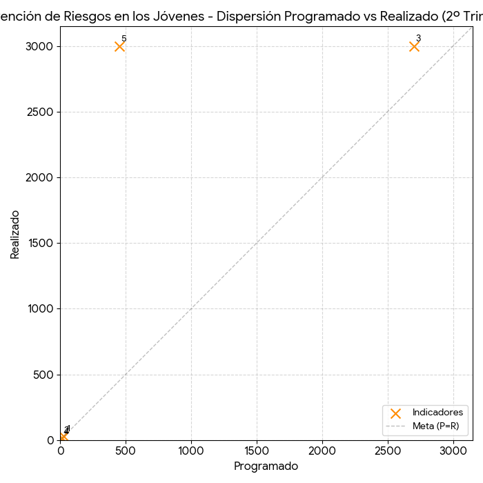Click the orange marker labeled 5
point(119,46)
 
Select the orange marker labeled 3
point(414,46)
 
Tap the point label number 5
point(124,39)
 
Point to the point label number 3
point(418,39)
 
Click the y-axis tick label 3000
point(41,46)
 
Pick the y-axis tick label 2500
point(41,112)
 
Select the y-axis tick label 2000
point(41,177)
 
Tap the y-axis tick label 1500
point(41,243)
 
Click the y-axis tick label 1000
point(41,309)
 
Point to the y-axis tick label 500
point(45,375)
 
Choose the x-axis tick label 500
point(126,451)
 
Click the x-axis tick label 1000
point(191,451)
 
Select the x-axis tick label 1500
point(257,451)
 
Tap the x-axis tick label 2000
point(322,451)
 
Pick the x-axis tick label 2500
point(388,451)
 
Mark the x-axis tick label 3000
point(453,451)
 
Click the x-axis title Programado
point(266,466)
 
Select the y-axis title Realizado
point(15,235)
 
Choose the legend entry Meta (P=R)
point(435,426)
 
